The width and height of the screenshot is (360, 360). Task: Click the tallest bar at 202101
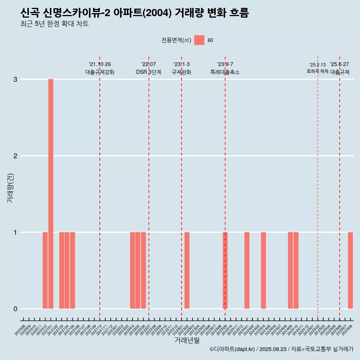pos(51,194)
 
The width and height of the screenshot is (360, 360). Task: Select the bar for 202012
pos(45,270)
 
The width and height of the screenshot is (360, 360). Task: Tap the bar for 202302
pos(187,270)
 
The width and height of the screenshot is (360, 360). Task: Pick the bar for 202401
pos(247,270)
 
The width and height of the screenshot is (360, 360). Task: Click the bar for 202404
pos(263,270)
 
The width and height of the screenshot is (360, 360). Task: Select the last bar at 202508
pos(350,270)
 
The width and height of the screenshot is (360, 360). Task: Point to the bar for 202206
pos(143,270)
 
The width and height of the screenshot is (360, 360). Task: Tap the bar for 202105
pos(72,270)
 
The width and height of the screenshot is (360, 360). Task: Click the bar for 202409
pos(290,270)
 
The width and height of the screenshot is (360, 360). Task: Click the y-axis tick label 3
pos(15,79)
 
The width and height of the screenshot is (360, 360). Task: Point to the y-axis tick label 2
pos(15,156)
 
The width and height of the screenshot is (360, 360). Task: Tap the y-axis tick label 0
pos(15,309)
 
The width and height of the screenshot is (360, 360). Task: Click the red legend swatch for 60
pos(199,40)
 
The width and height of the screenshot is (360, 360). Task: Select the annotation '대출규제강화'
pos(100,72)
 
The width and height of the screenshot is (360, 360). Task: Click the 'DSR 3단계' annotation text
pos(149,72)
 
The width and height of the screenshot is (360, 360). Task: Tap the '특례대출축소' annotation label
pos(225,72)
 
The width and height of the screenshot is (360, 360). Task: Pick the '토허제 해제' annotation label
pos(318,71)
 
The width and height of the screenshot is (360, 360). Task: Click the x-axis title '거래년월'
pos(187,340)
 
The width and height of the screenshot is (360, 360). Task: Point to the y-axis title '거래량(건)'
pos(10,187)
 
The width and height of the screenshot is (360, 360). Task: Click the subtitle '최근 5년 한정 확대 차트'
pos(54,24)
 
